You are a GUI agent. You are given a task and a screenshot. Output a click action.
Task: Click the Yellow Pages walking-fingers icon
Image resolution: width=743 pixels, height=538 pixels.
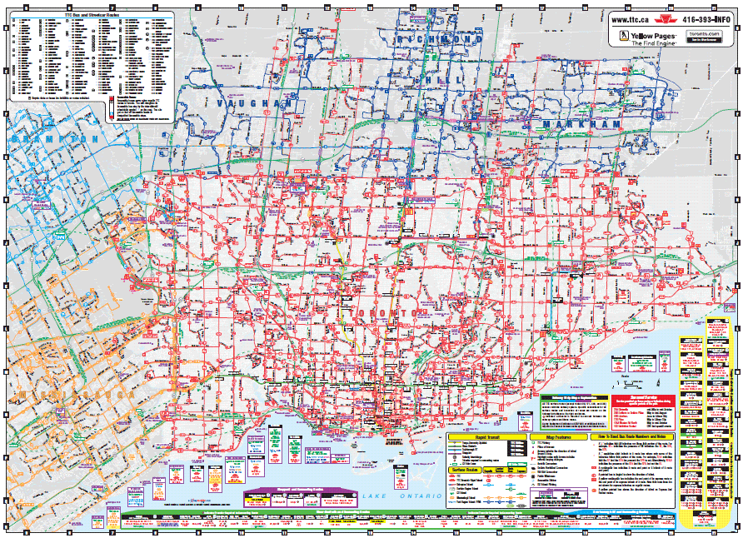click(622, 37)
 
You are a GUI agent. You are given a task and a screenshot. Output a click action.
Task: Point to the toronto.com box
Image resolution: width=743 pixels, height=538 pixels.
click(705, 35)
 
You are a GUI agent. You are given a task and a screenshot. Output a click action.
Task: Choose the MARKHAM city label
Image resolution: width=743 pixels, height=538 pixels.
click(581, 124)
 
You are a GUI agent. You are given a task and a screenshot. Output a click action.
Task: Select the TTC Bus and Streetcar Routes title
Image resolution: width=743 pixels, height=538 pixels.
click(87, 15)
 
